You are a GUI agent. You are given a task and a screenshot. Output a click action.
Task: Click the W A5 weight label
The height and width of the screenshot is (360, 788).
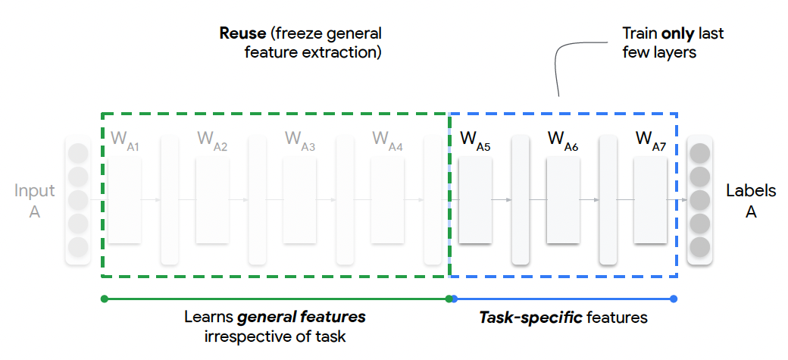pyautogui.click(x=475, y=141)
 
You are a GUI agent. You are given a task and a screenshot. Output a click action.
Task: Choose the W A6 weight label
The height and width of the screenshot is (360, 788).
pyautogui.click(x=562, y=141)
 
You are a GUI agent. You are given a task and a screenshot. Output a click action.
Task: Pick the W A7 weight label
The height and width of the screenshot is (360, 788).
pyautogui.click(x=650, y=141)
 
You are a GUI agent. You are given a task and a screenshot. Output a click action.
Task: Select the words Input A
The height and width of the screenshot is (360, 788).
pyautogui.click(x=35, y=201)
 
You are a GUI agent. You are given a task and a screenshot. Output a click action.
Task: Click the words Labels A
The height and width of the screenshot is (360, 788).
pyautogui.click(x=751, y=201)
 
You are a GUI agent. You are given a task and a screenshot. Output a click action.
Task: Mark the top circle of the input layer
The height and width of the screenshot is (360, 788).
pyautogui.click(x=78, y=154)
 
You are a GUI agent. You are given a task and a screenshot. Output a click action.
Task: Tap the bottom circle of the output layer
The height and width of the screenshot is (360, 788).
pyautogui.click(x=699, y=247)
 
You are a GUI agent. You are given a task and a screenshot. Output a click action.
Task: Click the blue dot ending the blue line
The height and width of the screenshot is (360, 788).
pyautogui.click(x=674, y=299)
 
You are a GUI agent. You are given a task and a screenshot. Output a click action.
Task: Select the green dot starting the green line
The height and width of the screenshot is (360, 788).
pyautogui.click(x=104, y=299)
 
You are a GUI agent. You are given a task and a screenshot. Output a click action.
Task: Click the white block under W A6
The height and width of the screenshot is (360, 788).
pyautogui.click(x=562, y=201)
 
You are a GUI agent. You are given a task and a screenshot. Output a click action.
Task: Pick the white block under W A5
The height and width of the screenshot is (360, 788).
pyautogui.click(x=475, y=201)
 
